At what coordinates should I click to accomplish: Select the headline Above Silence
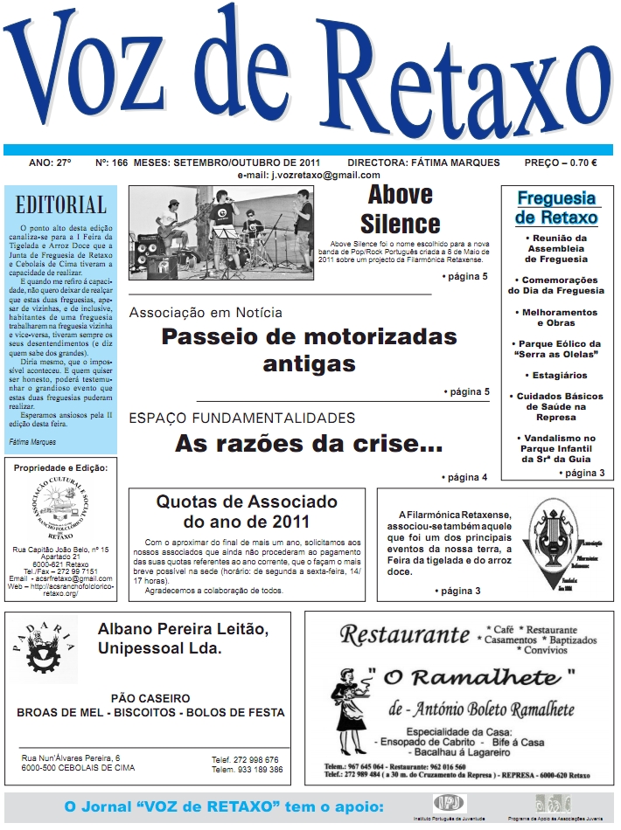[400, 207]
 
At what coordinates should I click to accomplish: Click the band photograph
[220, 233]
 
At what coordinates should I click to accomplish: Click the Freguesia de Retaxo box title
[556, 207]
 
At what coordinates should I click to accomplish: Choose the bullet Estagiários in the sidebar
[556, 375]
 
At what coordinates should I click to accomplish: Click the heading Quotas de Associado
[247, 512]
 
